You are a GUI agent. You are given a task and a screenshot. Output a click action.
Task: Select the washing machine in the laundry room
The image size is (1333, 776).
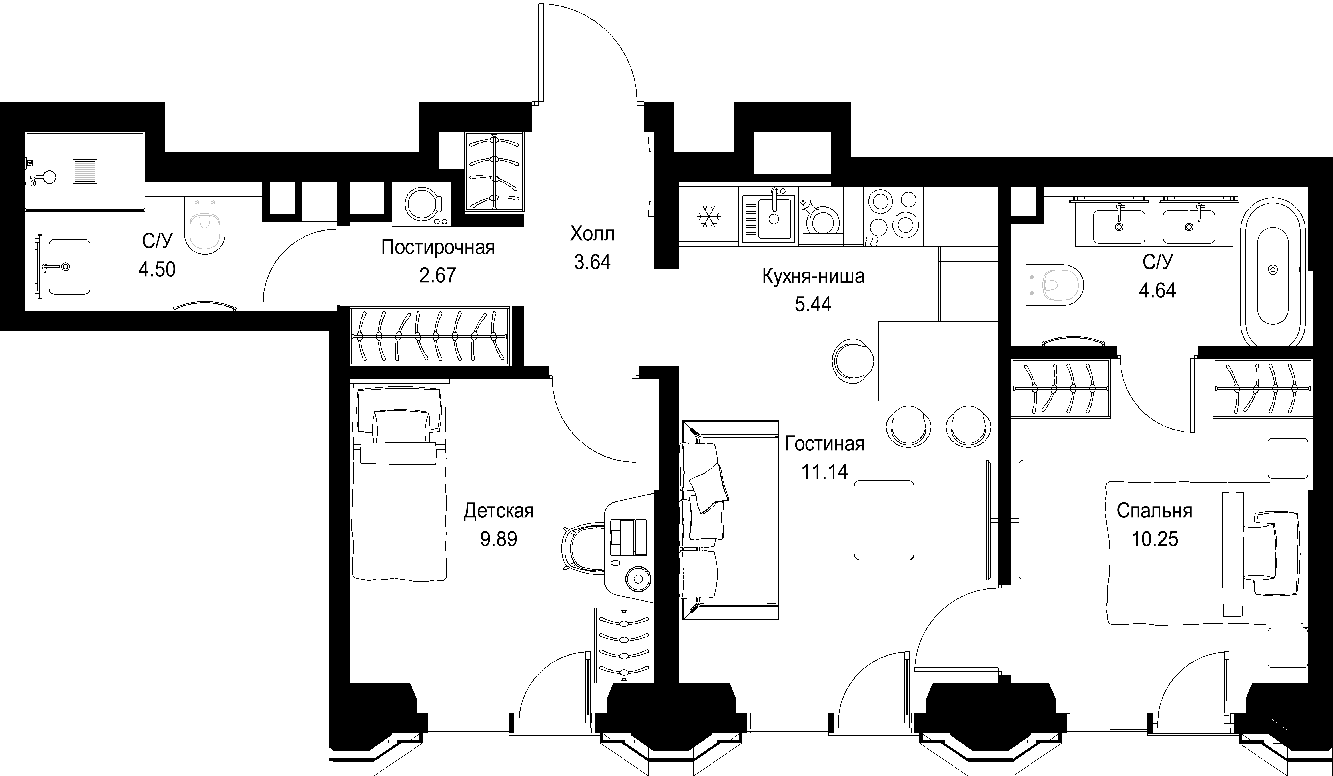[422, 204]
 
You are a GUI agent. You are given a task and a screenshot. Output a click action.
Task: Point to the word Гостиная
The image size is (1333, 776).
[824, 443]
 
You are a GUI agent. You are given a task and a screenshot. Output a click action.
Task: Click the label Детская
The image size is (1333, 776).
[498, 511]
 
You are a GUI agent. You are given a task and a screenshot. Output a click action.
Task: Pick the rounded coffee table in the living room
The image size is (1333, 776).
[884, 520]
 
